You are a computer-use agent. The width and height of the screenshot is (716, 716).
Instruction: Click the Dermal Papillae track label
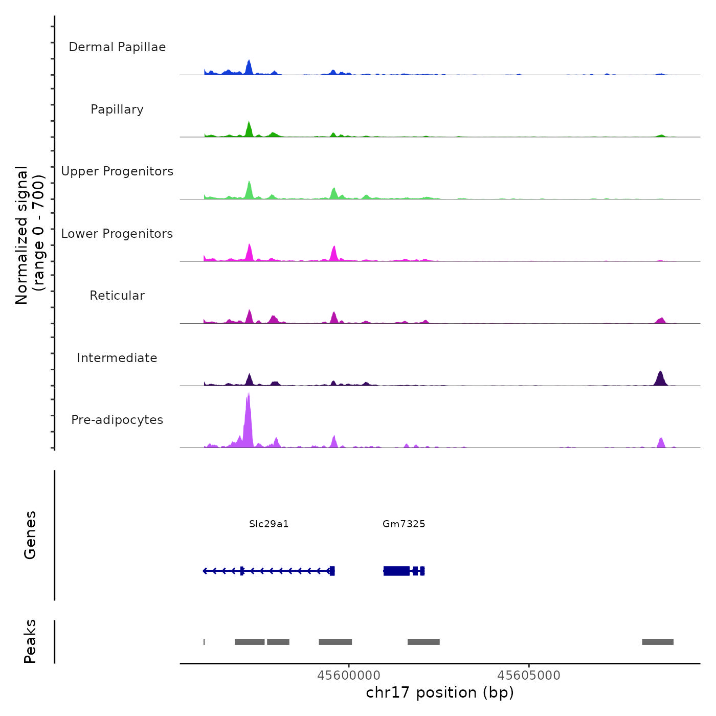pyautogui.click(x=117, y=47)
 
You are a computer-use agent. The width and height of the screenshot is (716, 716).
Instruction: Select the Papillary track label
pyautogui.click(x=117, y=109)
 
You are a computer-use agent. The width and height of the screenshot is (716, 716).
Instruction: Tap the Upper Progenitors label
pyautogui.click(x=117, y=171)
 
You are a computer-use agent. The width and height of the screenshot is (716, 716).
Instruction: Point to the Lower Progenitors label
pyautogui.click(x=117, y=234)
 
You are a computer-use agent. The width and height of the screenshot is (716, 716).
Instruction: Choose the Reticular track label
pyautogui.click(x=117, y=296)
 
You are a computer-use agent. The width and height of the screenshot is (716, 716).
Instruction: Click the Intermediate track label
pyautogui.click(x=117, y=358)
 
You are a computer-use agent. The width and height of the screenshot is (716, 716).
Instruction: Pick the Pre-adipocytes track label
pyautogui.click(x=117, y=420)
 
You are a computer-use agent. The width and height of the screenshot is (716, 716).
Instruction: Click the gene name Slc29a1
pyautogui.click(x=269, y=524)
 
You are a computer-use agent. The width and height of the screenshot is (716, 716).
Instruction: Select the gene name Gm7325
pyautogui.click(x=404, y=524)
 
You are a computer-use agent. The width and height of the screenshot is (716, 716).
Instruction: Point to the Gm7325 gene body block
pyautogui.click(x=396, y=571)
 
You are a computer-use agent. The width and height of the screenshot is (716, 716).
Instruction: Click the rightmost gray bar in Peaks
pyautogui.click(x=658, y=642)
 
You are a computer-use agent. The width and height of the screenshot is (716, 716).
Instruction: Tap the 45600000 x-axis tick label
pyautogui.click(x=349, y=675)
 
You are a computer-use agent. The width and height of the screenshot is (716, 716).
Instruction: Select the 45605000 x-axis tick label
pyautogui.click(x=529, y=675)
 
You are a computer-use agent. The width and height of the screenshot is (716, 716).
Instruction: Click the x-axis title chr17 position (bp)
pyautogui.click(x=440, y=692)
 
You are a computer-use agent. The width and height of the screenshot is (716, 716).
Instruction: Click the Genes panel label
pyautogui.click(x=30, y=535)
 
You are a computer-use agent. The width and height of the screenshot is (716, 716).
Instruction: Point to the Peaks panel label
pyautogui.click(x=30, y=641)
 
